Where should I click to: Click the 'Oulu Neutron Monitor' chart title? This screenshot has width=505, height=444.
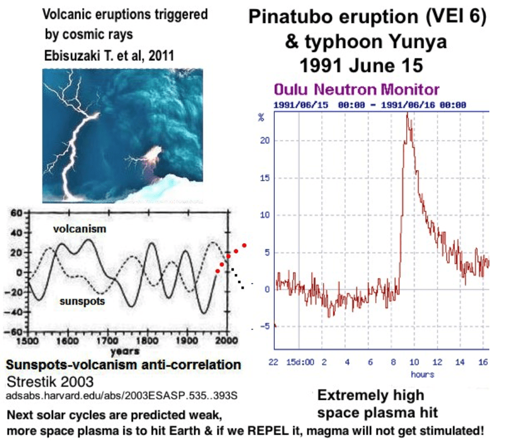coord(356,89)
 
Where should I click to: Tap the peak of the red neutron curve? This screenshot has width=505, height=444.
coord(407,114)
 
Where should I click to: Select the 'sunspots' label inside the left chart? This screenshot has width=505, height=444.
coord(80,301)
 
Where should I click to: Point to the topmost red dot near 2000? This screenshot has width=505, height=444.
coord(244,245)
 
